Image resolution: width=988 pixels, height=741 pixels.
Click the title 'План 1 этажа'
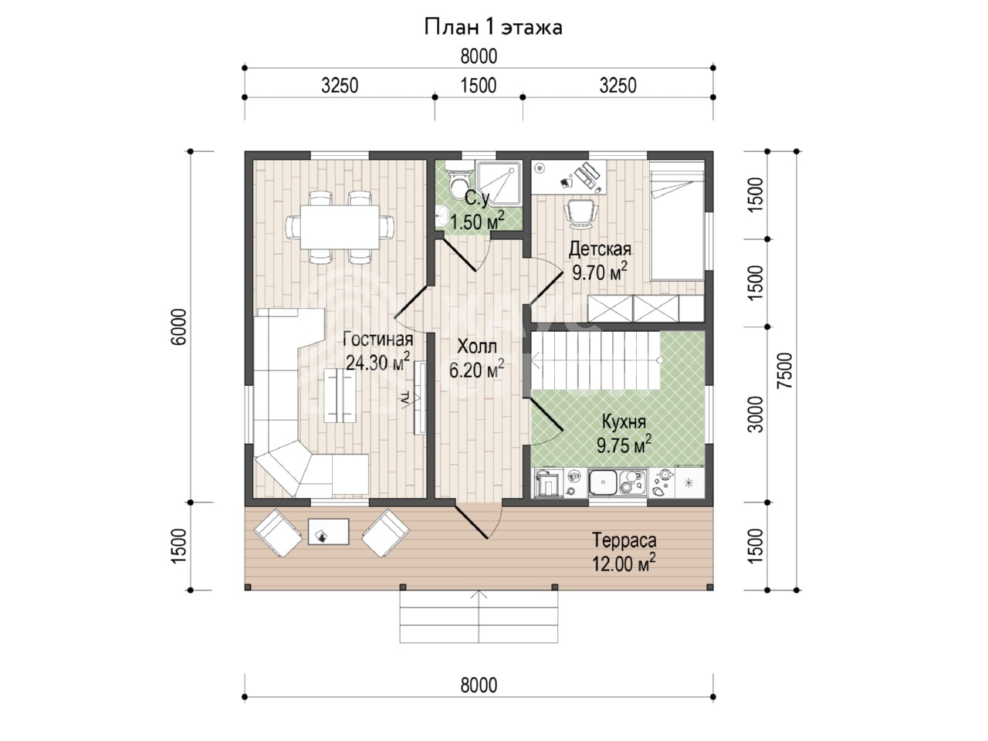(x=493, y=28)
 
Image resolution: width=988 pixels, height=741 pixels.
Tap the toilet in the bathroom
(x=459, y=181)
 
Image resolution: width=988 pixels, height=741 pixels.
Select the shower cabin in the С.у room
(x=499, y=184)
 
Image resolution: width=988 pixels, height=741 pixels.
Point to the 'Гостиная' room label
(x=378, y=340)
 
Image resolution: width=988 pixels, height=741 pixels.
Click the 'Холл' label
(x=477, y=347)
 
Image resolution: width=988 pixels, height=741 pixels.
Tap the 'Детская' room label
(x=600, y=249)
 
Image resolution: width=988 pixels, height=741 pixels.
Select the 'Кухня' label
(x=624, y=421)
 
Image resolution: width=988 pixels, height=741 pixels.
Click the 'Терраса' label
(x=624, y=540)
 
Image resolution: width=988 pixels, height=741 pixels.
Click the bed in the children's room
(x=677, y=221)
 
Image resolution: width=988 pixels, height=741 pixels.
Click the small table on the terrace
(x=329, y=532)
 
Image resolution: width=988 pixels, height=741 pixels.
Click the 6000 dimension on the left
(x=179, y=327)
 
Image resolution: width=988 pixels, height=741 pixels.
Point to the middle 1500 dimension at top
(x=479, y=86)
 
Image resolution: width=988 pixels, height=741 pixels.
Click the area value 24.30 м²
(x=377, y=361)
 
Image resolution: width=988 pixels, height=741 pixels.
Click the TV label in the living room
(x=404, y=398)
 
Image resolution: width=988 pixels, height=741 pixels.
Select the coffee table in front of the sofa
(x=340, y=396)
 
